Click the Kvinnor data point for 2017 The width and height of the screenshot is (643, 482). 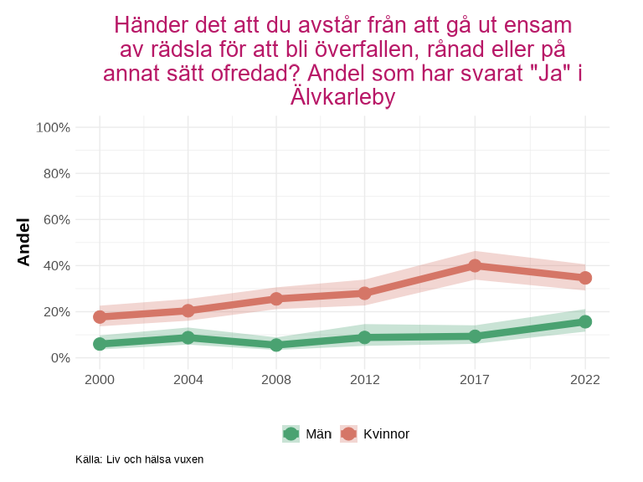coord(475,265)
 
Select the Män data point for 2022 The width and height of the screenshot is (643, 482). coord(585,321)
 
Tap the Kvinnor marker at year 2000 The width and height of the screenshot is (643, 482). coord(100,317)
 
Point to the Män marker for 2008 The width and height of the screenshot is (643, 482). coord(276,345)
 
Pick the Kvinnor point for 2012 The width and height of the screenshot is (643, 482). coord(364,293)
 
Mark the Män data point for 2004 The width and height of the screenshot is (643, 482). coord(188,337)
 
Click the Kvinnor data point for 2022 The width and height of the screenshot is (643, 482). coord(585,278)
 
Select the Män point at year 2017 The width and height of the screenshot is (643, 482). coord(475,336)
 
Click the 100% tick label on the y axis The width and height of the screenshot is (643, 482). coord(54,127)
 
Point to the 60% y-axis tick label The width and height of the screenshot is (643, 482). coord(56,219)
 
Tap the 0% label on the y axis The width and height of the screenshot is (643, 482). coord(59,357)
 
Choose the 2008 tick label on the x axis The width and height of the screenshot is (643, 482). coord(276,380)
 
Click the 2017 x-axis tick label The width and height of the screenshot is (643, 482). coord(475,380)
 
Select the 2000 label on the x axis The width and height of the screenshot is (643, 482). coord(100,380)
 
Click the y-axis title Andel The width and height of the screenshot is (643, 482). coord(23,242)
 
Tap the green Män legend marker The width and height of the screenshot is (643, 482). coord(291,433)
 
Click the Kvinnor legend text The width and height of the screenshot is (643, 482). coord(386,433)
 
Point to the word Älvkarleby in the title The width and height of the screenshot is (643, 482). coord(342,97)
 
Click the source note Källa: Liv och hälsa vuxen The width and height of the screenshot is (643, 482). coord(139,459)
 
